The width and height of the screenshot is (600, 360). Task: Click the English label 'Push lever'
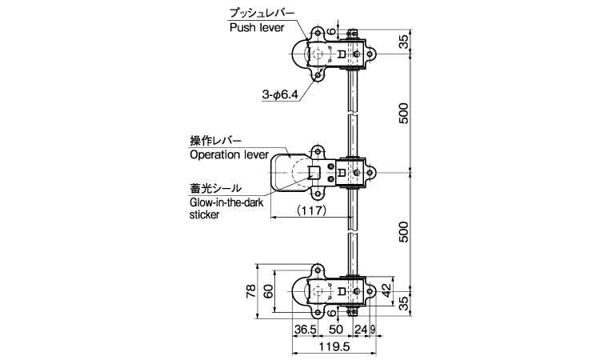coord(257,27)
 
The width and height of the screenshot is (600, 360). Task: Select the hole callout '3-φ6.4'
coord(280,94)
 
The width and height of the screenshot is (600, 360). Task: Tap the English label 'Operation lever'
coord(230,154)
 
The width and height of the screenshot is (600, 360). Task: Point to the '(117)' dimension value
coord(311,210)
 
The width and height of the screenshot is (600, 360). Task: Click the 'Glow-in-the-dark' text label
coord(226,202)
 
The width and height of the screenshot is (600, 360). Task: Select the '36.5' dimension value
coord(305,329)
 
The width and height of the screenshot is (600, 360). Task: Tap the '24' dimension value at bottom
coord(361,329)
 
